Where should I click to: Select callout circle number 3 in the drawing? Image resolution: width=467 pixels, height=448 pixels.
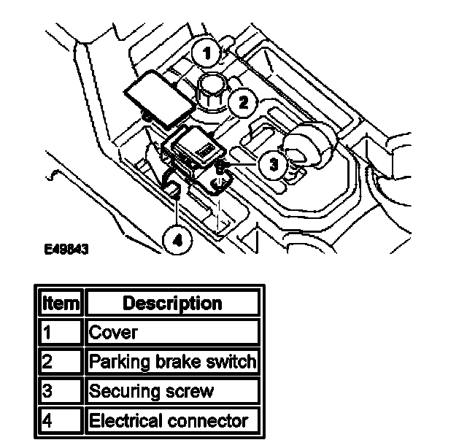(273, 165)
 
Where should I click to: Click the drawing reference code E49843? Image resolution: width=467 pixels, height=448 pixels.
(66, 249)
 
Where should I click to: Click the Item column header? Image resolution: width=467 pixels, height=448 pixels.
(61, 302)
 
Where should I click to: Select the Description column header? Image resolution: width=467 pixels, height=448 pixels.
(172, 302)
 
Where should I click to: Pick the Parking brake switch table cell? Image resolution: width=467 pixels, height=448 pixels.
(172, 361)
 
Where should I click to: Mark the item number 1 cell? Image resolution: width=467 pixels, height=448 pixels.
(61, 332)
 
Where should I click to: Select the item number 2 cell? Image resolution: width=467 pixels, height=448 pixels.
(61, 361)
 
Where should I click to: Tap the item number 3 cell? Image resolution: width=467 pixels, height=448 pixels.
(61, 391)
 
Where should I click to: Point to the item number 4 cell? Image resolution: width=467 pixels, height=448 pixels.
(61, 420)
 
